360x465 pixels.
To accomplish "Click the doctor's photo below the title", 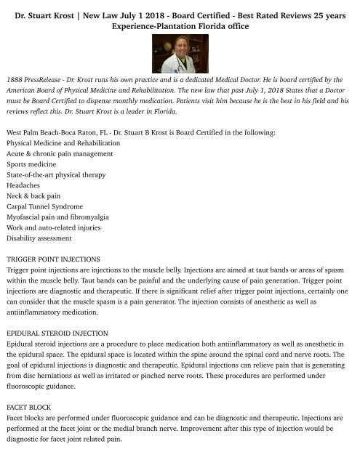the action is click(x=180, y=54).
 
